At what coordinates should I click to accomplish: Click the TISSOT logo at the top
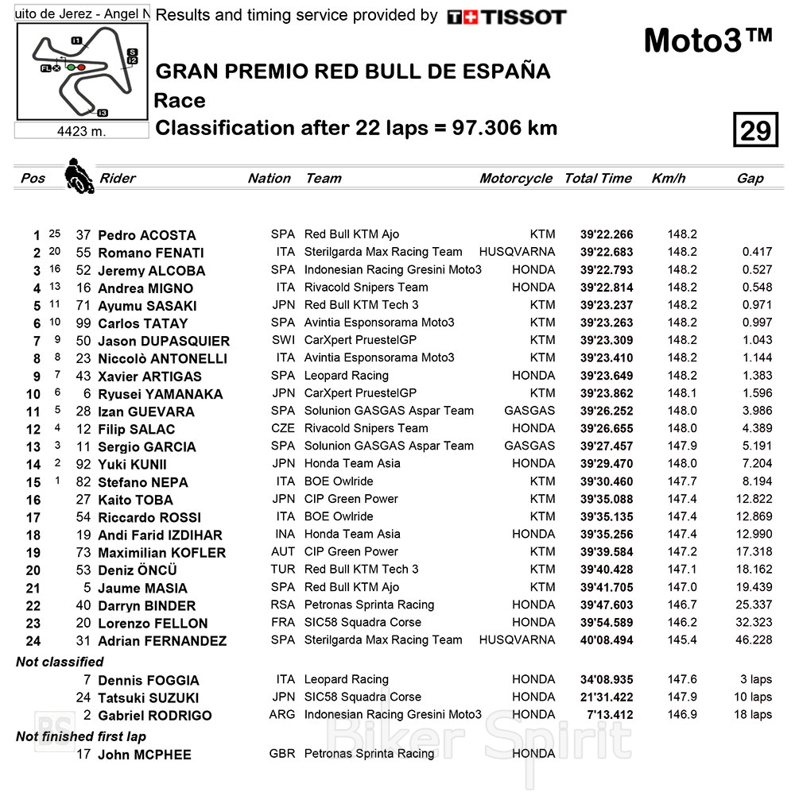506,17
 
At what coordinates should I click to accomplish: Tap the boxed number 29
754,130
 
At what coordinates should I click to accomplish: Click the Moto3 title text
707,41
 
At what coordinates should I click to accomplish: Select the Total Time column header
598,178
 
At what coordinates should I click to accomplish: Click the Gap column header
750,178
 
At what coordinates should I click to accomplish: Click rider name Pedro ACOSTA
146,235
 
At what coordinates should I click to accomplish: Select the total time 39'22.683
607,253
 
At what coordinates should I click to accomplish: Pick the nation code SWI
282,340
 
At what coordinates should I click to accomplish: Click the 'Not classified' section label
60,662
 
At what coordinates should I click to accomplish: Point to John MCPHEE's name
144,755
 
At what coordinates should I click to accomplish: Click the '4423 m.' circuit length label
81,131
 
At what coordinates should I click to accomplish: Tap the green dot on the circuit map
71,68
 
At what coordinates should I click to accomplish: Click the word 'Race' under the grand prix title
180,101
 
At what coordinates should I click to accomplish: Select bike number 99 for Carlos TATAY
83,323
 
